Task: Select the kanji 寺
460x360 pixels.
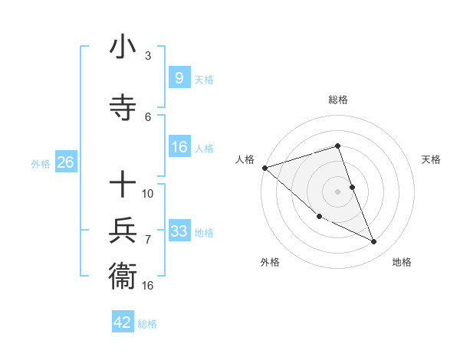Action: [123, 106]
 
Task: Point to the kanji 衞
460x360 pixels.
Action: [123, 275]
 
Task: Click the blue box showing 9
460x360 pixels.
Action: [179, 77]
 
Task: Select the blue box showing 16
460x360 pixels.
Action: [179, 147]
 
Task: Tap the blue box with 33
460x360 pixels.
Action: [179, 231]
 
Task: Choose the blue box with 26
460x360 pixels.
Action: [65, 162]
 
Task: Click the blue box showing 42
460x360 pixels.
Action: [123, 322]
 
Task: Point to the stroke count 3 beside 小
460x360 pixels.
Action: [148, 56]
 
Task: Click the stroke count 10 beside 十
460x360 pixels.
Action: [148, 193]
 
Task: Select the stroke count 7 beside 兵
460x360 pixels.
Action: [148, 240]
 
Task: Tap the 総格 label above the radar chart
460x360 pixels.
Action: [337, 100]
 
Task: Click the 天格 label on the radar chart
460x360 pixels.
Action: [431, 159]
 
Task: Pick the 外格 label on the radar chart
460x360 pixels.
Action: [270, 262]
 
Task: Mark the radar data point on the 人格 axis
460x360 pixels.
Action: [264, 167]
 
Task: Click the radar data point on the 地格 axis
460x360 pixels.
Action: [374, 242]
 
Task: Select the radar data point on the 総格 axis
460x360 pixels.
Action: [337, 146]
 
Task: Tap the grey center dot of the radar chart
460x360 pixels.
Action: [337, 191]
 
